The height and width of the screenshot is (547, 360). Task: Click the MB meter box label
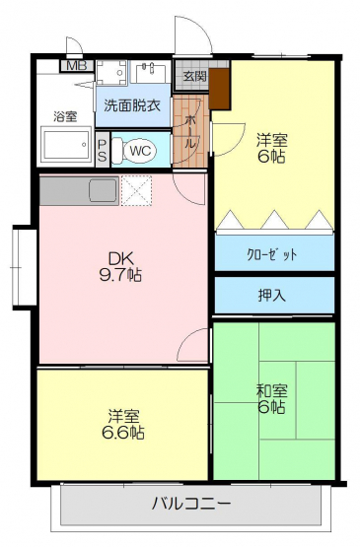tap(77, 66)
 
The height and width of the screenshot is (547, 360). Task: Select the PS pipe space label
tap(103, 150)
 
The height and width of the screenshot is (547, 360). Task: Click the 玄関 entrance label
tap(195, 76)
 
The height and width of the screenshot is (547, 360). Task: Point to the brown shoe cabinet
tap(220, 89)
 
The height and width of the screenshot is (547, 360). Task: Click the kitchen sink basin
tap(104, 190)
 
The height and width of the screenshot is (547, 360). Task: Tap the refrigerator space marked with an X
tap(136, 190)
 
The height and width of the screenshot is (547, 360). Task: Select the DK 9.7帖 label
tap(120, 267)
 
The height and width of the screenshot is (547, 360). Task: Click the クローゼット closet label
tap(272, 254)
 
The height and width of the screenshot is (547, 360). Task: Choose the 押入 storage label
tap(272, 296)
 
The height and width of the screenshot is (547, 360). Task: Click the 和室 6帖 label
tap(272, 399)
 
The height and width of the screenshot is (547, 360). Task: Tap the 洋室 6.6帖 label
tap(123, 424)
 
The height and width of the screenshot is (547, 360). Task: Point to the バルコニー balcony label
tap(191, 504)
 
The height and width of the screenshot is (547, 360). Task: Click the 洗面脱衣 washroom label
tap(132, 105)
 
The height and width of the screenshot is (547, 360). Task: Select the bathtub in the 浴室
tap(66, 144)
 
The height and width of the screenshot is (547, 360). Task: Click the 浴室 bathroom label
tap(65, 116)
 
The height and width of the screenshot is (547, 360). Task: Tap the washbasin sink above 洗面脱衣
tap(151, 72)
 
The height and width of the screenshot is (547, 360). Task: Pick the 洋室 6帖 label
tap(272, 148)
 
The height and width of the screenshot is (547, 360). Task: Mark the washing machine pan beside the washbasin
tap(111, 73)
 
